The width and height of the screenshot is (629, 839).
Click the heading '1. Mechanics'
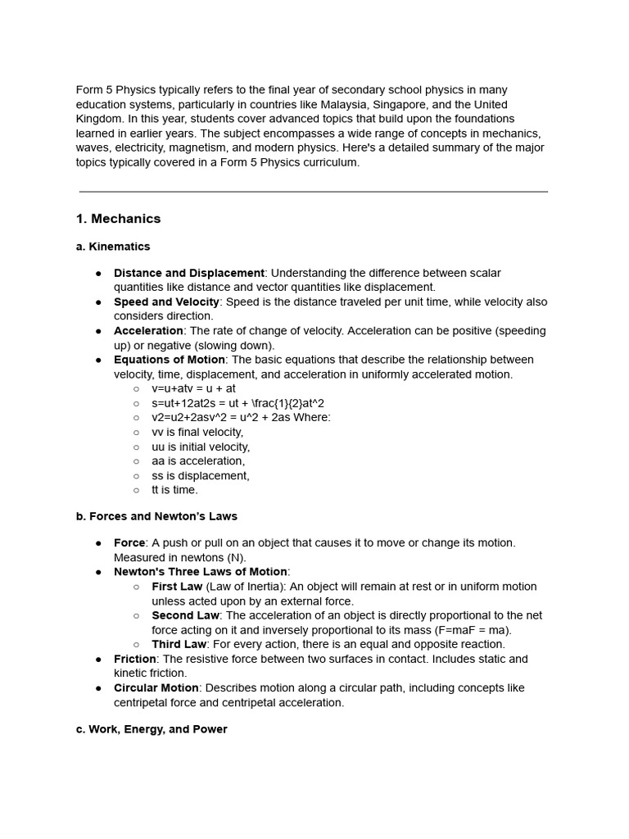pos(118,219)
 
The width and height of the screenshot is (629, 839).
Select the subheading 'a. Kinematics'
pos(113,247)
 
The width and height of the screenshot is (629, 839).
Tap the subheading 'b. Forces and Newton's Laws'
pos(156,516)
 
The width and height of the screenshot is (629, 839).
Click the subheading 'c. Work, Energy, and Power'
pos(152,729)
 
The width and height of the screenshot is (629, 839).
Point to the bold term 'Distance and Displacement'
pos(189,273)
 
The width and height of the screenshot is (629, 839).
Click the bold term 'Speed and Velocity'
pos(166,302)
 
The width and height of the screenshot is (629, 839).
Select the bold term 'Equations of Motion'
pos(170,360)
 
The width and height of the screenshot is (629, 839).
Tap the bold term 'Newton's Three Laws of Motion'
pos(201,572)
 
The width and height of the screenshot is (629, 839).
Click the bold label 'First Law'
pos(177,587)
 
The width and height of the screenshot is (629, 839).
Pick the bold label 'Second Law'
pos(185,615)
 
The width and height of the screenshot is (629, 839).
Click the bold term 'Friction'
pos(135,659)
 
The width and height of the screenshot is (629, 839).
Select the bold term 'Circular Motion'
pos(156,688)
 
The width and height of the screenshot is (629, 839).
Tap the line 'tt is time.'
pos(174,490)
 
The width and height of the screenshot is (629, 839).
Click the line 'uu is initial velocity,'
pos(201,447)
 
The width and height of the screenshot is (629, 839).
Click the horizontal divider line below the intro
pos(314,192)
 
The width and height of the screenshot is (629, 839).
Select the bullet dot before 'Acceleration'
pos(98,331)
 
